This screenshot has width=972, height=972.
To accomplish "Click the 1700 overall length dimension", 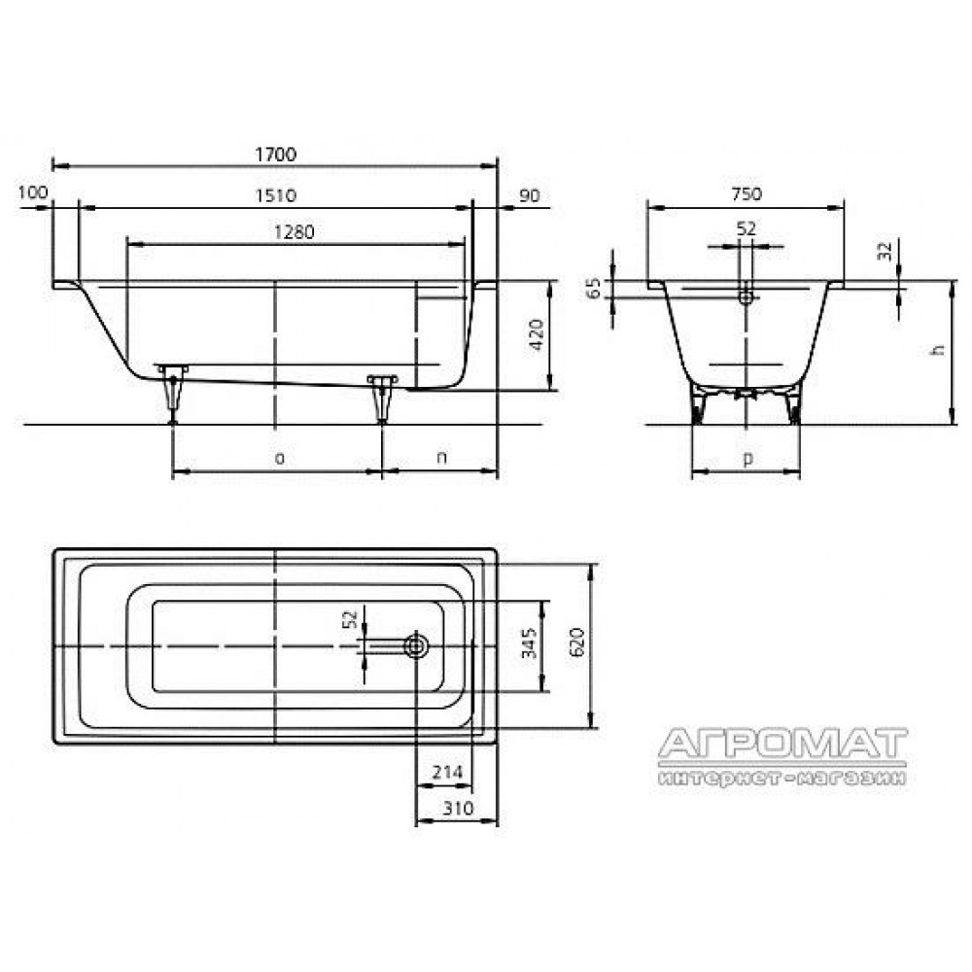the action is (x=276, y=154).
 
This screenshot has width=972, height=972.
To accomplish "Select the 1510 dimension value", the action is (x=276, y=195).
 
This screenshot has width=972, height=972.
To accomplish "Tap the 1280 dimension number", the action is (x=294, y=232).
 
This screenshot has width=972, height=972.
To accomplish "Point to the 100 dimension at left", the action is (x=33, y=192).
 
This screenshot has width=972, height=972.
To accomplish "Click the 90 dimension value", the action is (x=530, y=195).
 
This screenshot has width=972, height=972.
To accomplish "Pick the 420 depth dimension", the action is (x=537, y=334).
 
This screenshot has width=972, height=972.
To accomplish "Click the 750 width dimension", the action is (x=746, y=194).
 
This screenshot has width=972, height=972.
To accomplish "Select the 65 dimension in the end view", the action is (x=594, y=289).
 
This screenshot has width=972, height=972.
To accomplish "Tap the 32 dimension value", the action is (x=885, y=251).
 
